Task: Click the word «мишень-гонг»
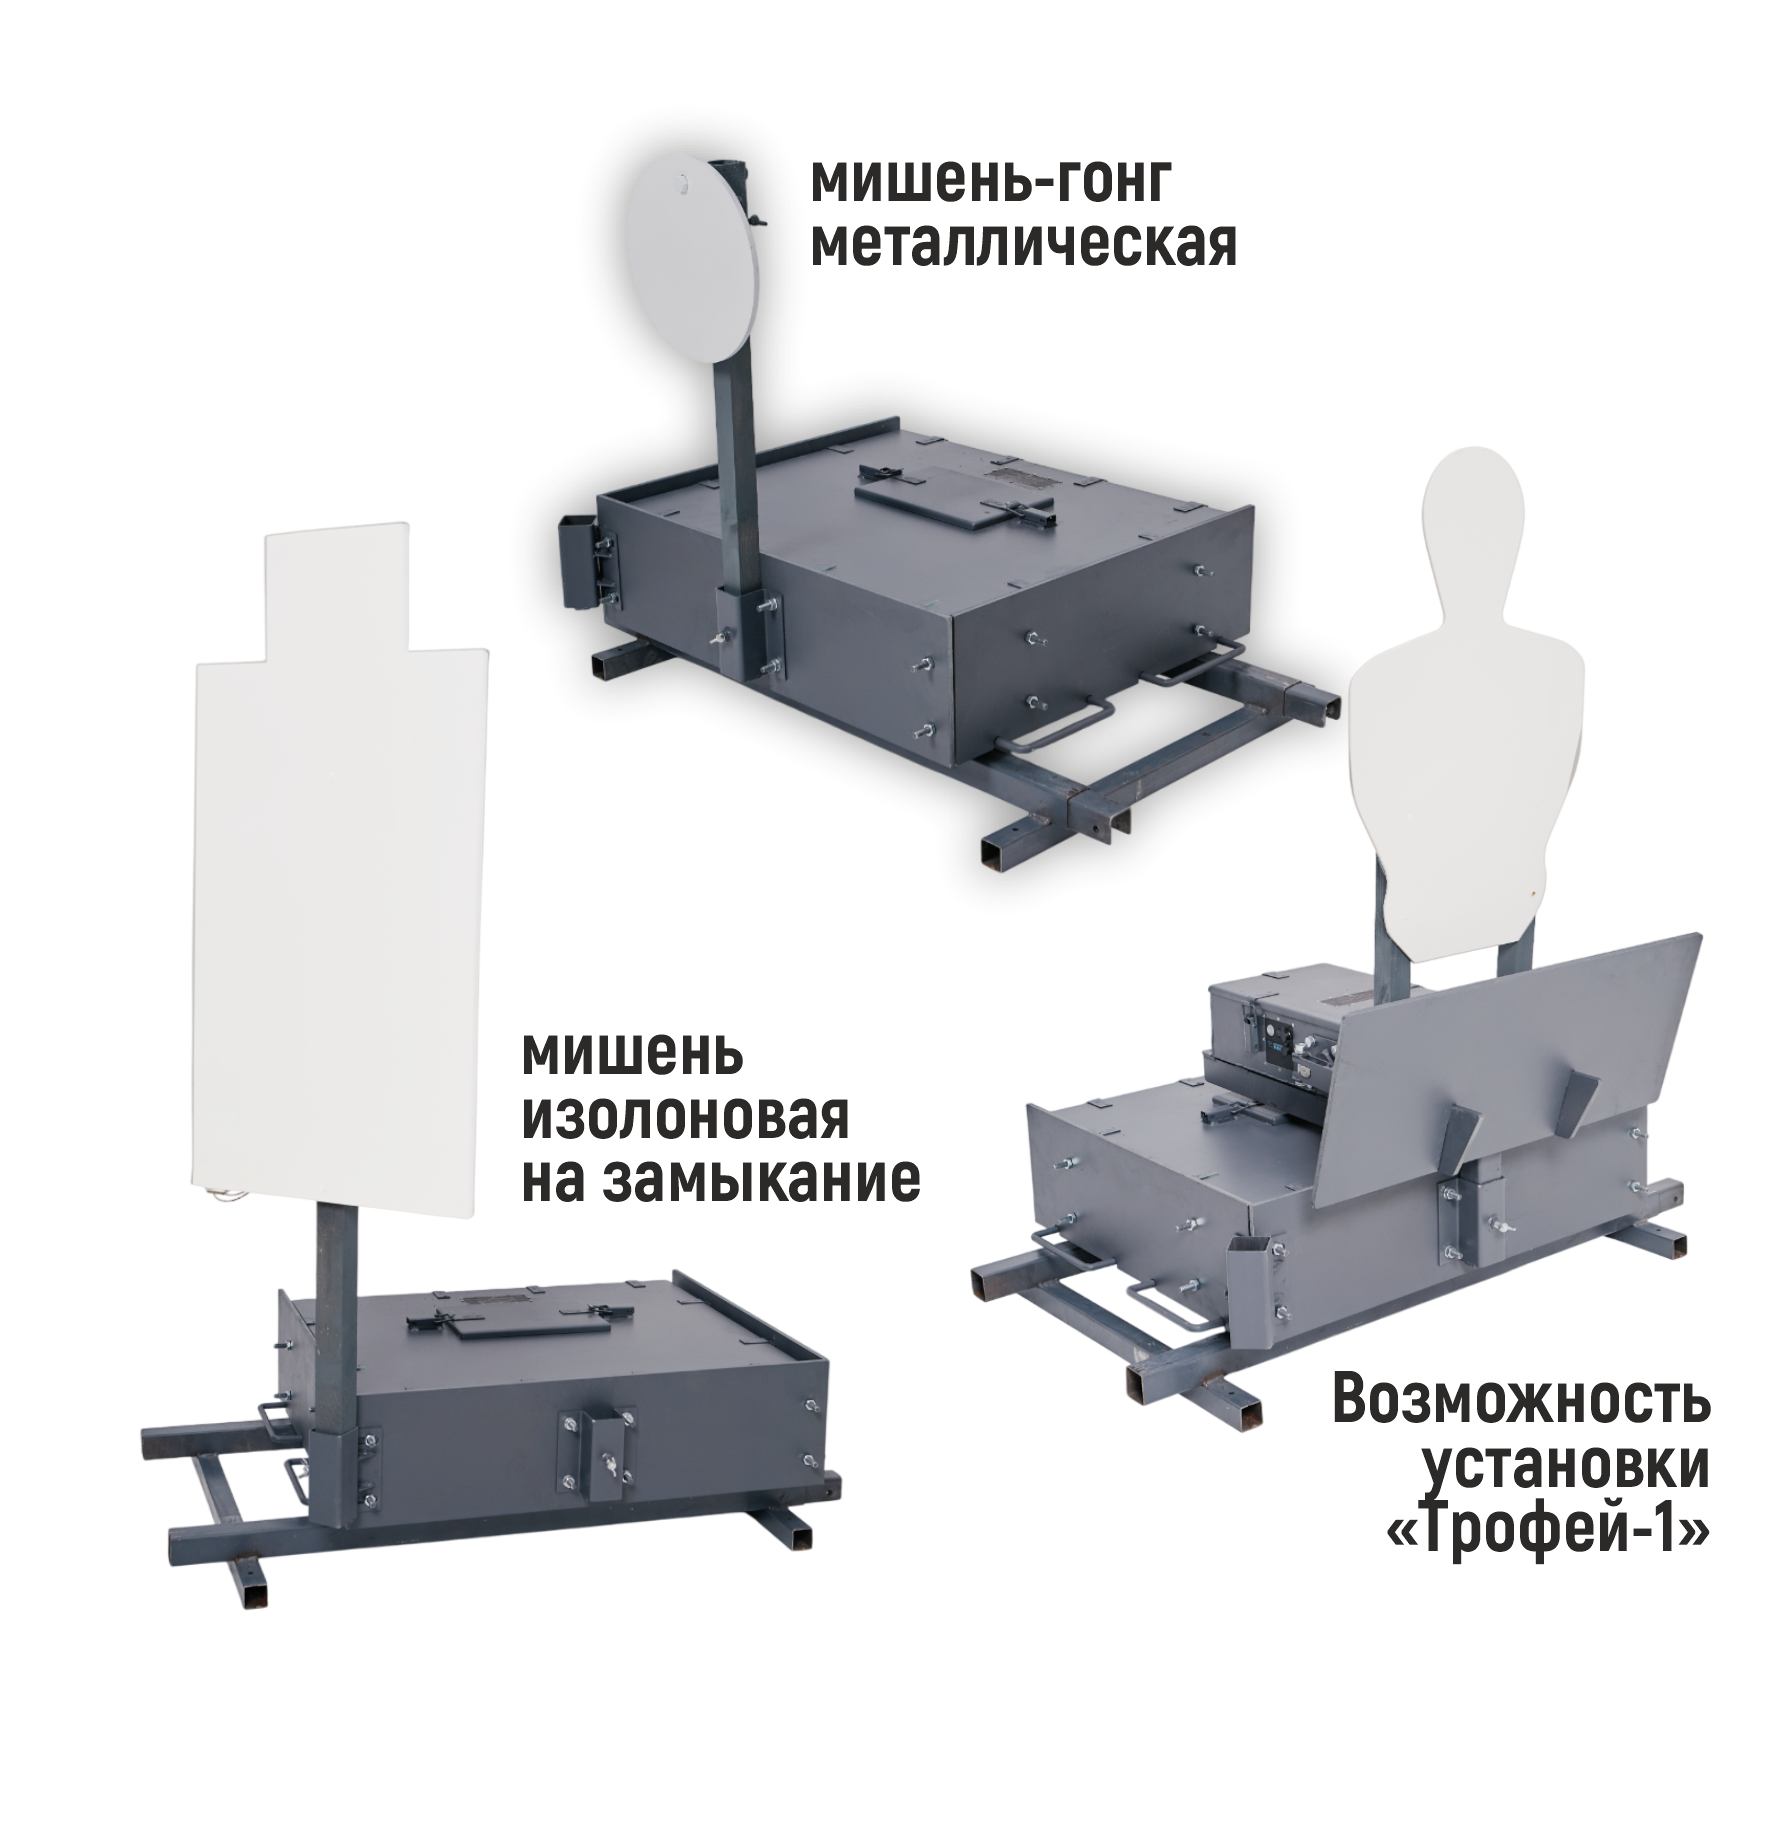click(x=990, y=184)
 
